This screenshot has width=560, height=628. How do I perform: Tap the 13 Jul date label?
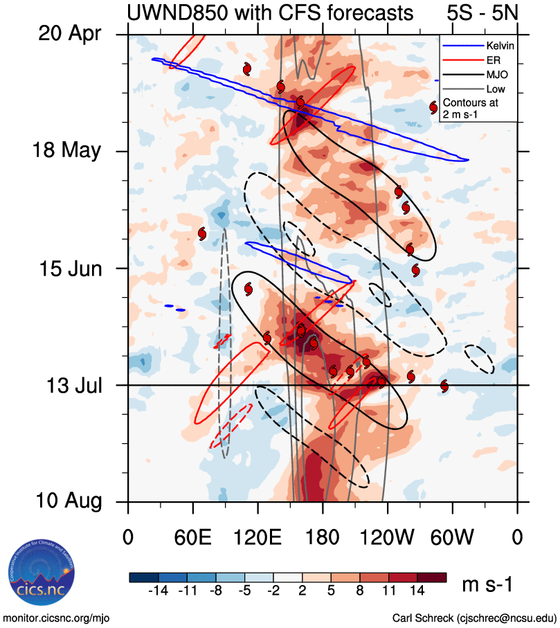69,385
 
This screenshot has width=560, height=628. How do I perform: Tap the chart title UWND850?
270,12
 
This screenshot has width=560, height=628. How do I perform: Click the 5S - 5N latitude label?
480,12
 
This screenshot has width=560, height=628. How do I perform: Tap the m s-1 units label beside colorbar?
487,585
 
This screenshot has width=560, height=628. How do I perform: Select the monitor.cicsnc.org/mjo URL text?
57,618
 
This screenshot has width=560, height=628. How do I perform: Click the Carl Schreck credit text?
474,618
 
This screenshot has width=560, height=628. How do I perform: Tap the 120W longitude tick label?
387,537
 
